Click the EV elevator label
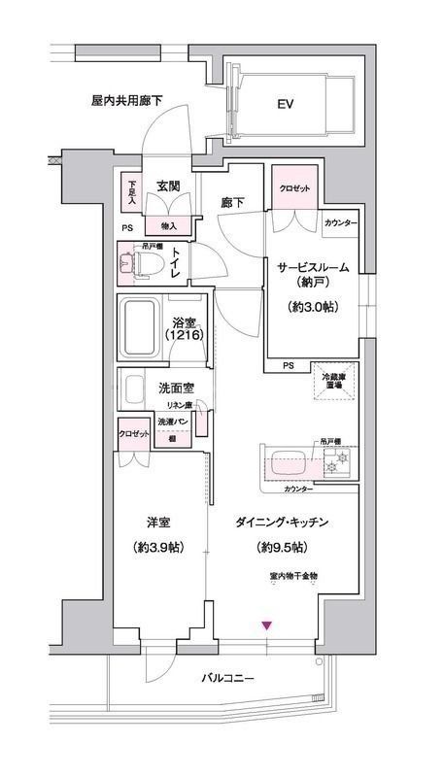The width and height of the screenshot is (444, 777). coord(285,103)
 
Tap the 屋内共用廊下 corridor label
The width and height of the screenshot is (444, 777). coord(126,100)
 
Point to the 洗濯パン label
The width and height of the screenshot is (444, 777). coord(175,422)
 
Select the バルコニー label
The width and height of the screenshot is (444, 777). coord(228,678)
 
